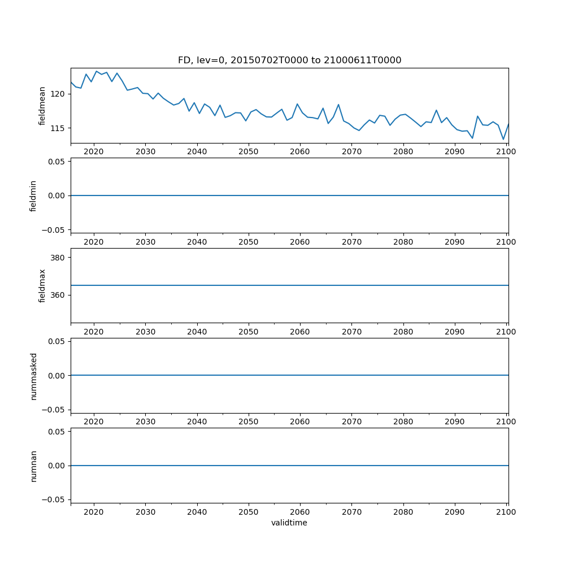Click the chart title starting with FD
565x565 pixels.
pyautogui.click(x=289, y=60)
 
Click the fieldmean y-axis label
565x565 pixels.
pyautogui.click(x=42, y=106)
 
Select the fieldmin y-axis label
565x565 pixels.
pyautogui.click(x=33, y=195)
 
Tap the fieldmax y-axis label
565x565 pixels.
pyautogui.click(x=42, y=285)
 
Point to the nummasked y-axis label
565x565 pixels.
pyautogui.click(x=33, y=376)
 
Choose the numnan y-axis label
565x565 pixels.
pyautogui.click(x=33, y=466)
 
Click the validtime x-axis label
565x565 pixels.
pyautogui.click(x=289, y=523)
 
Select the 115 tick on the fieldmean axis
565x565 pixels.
pyautogui.click(x=58, y=128)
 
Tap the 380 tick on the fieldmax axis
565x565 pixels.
pyautogui.click(x=58, y=258)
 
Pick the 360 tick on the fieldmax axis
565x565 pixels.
pyautogui.click(x=58, y=295)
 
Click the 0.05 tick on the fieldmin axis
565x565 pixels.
pyautogui.click(x=55, y=162)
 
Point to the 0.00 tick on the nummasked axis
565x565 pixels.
pyautogui.click(x=55, y=376)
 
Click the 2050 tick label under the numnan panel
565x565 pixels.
pyautogui.click(x=248, y=512)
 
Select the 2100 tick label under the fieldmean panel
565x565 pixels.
pyautogui.click(x=506, y=152)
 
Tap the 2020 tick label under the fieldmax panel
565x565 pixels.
pyautogui.click(x=94, y=332)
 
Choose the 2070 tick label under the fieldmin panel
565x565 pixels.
pyautogui.click(x=351, y=242)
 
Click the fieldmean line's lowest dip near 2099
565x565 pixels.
pyautogui.click(x=503, y=140)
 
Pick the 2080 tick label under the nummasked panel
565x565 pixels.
pyautogui.click(x=403, y=422)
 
